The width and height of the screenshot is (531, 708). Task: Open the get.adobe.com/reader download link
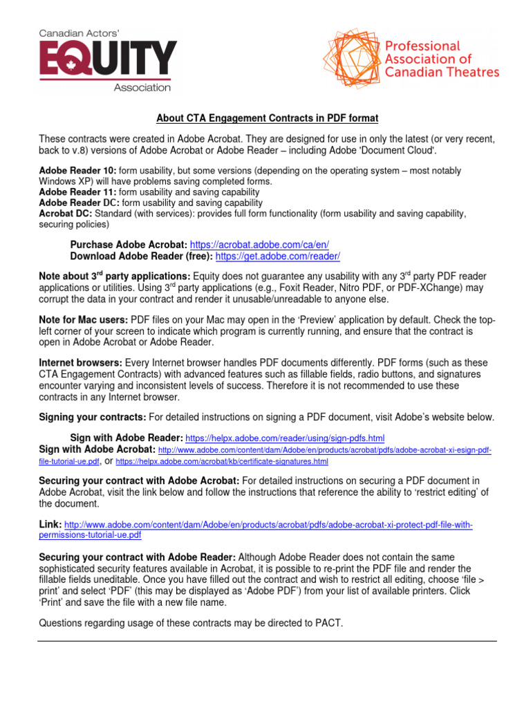pyautogui.click(x=278, y=256)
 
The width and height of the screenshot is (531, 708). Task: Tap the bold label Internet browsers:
pyautogui.click(x=81, y=362)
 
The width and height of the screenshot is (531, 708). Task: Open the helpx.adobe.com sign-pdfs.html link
pyautogui.click(x=285, y=438)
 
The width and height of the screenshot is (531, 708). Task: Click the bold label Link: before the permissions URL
pyautogui.click(x=50, y=525)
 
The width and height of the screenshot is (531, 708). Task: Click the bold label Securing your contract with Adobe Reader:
pyautogui.click(x=138, y=557)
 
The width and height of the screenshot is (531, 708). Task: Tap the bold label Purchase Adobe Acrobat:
pyautogui.click(x=129, y=244)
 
